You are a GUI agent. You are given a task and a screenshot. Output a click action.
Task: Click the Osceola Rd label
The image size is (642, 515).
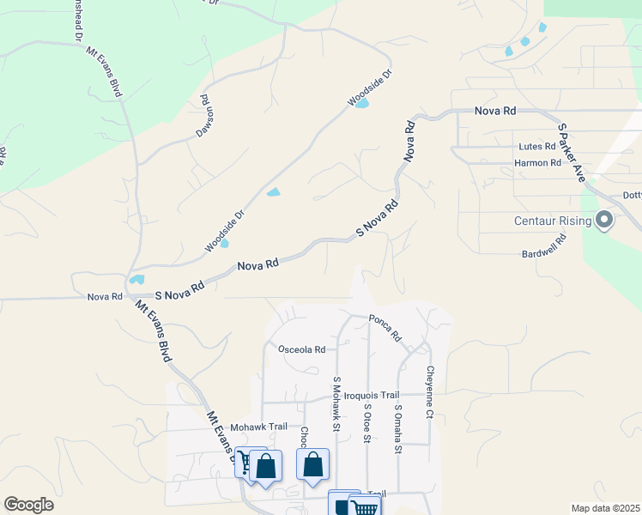(x=302, y=349)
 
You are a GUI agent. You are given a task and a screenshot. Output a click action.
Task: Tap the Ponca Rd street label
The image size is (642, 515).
(x=385, y=327)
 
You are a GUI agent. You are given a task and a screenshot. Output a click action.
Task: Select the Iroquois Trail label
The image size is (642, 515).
(x=372, y=395)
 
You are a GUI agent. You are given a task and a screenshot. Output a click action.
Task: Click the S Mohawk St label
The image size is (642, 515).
(x=336, y=403)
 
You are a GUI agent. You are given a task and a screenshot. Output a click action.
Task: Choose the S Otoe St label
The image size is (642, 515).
(x=366, y=424)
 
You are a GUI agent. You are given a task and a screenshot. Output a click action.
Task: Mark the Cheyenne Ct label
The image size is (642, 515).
(x=429, y=389)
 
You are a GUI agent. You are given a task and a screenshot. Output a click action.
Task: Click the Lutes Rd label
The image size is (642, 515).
(x=537, y=147)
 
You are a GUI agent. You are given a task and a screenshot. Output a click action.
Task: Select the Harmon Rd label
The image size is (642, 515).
(x=537, y=162)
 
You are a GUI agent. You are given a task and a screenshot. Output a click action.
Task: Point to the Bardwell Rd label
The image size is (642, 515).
(x=547, y=254)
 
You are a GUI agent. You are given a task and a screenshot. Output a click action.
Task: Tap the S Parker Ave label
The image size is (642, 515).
(x=572, y=152)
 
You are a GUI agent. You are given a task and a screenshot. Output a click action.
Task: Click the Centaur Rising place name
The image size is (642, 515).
(x=553, y=221)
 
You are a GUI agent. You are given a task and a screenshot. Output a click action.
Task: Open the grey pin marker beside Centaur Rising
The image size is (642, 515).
(x=605, y=221)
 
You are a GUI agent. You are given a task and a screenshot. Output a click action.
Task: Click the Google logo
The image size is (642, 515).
(x=28, y=505)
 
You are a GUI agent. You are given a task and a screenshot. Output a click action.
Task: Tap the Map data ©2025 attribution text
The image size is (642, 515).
(x=605, y=508)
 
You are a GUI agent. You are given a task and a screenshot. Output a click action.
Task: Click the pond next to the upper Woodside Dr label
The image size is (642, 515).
(x=362, y=104)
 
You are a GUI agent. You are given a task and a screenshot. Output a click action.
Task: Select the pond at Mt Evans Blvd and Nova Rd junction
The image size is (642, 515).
(x=136, y=279)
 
